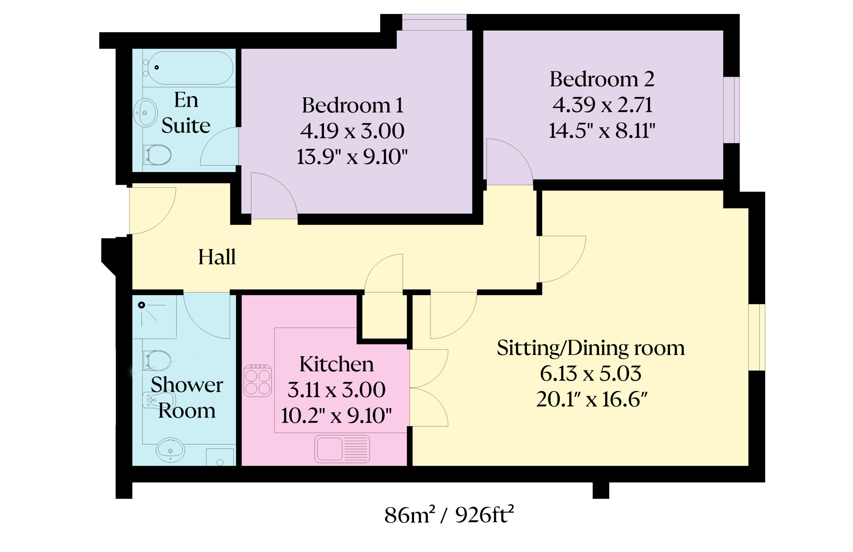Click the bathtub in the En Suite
point(190,68)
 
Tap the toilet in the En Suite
point(158,155)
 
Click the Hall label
point(217,257)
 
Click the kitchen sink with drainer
point(342,449)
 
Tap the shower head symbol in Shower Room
point(142,305)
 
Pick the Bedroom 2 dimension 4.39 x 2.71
point(602,105)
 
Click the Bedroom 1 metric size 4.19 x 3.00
point(352,131)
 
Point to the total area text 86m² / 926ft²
point(449,515)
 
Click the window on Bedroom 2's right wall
point(731,110)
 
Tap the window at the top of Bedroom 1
point(434,23)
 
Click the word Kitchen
point(336,364)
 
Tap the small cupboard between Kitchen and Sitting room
point(384,315)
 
